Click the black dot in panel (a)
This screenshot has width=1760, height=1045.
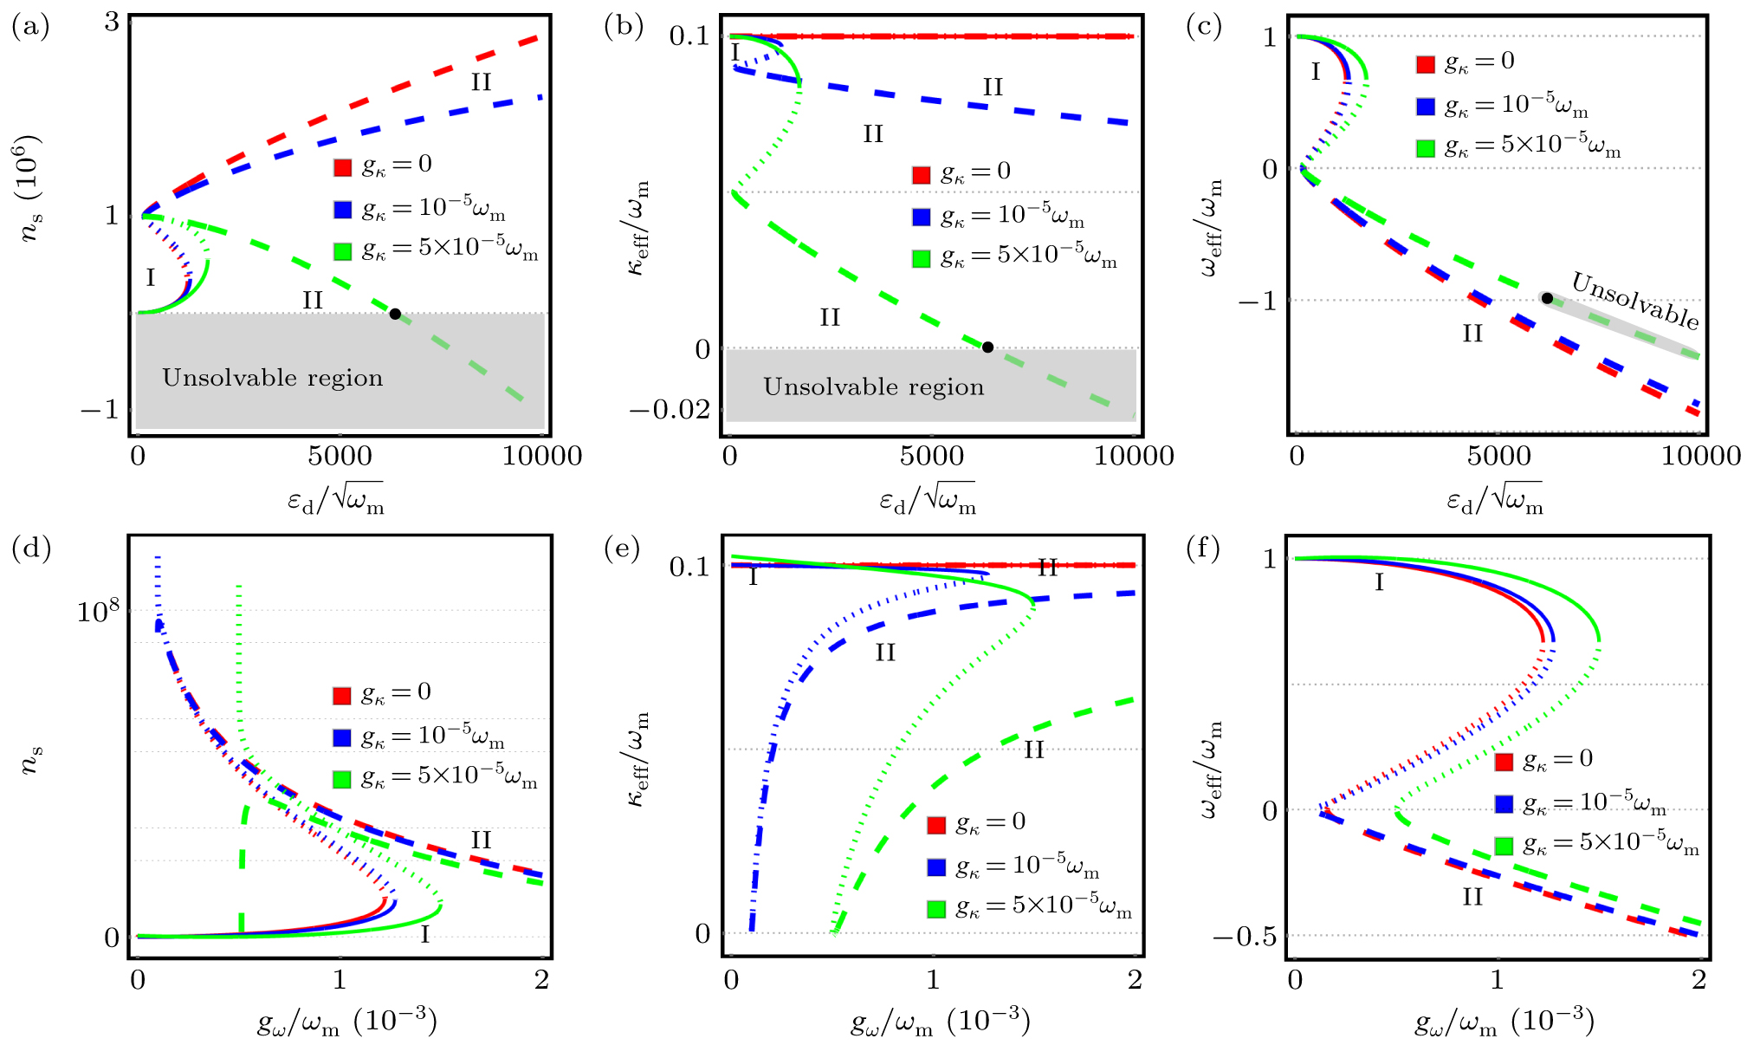pyautogui.click(x=395, y=314)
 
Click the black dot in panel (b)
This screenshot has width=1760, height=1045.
pyautogui.click(x=987, y=347)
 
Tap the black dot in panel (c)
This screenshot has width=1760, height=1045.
pyautogui.click(x=1547, y=298)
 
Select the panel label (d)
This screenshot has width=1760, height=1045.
pyautogui.click(x=31, y=548)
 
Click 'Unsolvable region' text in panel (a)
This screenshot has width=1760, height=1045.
pyautogui.click(x=272, y=378)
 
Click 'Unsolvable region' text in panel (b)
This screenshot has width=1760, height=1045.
pyautogui.click(x=873, y=386)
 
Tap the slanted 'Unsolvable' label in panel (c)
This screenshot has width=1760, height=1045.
pyautogui.click(x=1635, y=300)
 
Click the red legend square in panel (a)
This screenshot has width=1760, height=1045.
pyautogui.click(x=343, y=167)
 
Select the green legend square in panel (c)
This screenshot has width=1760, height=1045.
pyautogui.click(x=1426, y=148)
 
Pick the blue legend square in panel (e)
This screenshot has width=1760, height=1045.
pyautogui.click(x=936, y=867)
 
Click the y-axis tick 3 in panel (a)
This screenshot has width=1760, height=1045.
pyautogui.click(x=112, y=23)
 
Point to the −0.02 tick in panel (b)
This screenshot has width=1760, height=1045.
pyautogui.click(x=670, y=409)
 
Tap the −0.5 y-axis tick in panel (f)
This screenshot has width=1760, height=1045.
pyautogui.click(x=1244, y=937)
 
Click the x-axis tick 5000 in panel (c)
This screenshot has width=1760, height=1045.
pyautogui.click(x=1498, y=456)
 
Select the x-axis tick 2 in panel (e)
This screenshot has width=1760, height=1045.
pyautogui.click(x=1135, y=980)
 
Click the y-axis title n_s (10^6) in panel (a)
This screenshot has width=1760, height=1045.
pyautogui.click(x=31, y=188)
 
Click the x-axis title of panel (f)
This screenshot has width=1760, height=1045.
pyautogui.click(x=1504, y=1022)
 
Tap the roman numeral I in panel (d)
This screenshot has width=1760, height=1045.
pyautogui.click(x=424, y=934)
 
